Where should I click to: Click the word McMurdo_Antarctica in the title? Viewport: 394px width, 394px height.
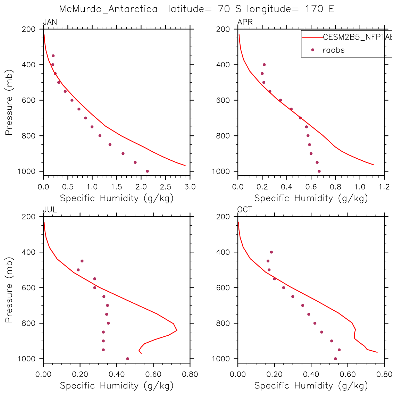(x=108, y=9)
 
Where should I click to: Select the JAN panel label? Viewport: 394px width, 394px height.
(x=50, y=23)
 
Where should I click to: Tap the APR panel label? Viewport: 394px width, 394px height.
(x=245, y=23)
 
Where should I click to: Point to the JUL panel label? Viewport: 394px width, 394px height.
(x=50, y=210)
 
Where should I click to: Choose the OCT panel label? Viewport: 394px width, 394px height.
(x=245, y=210)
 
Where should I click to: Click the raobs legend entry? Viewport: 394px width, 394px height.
(x=333, y=50)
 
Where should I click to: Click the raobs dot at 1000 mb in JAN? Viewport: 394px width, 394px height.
(x=147, y=171)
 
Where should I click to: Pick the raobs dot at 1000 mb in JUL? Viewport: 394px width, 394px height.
(x=127, y=359)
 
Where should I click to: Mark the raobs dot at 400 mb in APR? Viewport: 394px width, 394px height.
(x=264, y=65)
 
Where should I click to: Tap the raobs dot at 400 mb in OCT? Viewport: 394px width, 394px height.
(x=271, y=252)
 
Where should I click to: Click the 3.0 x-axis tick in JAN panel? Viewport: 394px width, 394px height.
(x=190, y=187)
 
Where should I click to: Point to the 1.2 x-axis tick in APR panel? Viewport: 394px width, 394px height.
(x=384, y=187)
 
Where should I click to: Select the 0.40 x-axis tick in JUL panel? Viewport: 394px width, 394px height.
(x=116, y=375)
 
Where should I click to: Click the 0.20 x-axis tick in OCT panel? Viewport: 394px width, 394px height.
(x=274, y=375)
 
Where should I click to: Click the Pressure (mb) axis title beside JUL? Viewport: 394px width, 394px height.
(x=9, y=290)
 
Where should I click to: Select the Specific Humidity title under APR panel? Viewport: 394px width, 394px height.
(x=311, y=198)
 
